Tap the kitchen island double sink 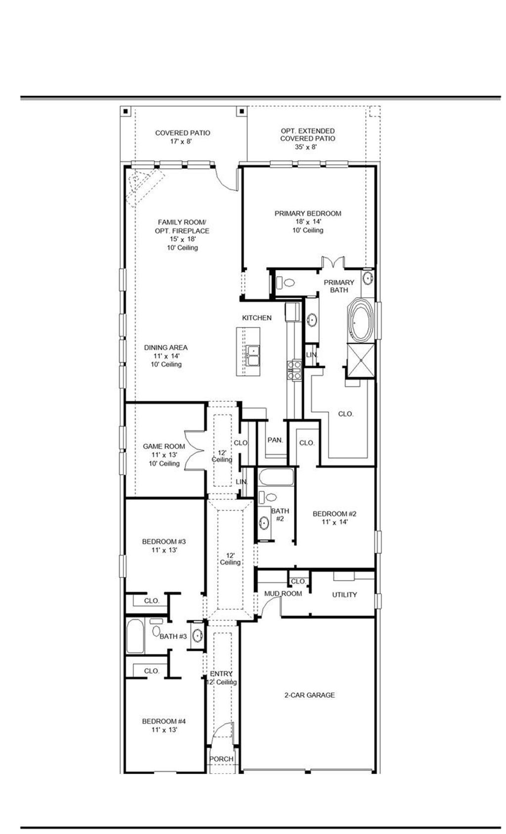pyautogui.click(x=253, y=356)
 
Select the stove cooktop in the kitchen pyautogui.click(x=294, y=370)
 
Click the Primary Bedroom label pyautogui.click(x=308, y=214)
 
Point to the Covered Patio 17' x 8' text pyautogui.click(x=182, y=137)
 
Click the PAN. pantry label pyautogui.click(x=275, y=439)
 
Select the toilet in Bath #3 pyautogui.click(x=156, y=630)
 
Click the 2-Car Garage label pyautogui.click(x=309, y=695)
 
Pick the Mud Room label pyautogui.click(x=283, y=593)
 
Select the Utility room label pyautogui.click(x=344, y=595)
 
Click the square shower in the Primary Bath pyautogui.click(x=361, y=360)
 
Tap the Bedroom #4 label pyautogui.click(x=164, y=725)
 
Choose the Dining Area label pyautogui.click(x=166, y=348)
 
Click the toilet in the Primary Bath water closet pyautogui.click(x=288, y=283)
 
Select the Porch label pyautogui.click(x=221, y=759)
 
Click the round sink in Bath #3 pyautogui.click(x=197, y=635)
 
